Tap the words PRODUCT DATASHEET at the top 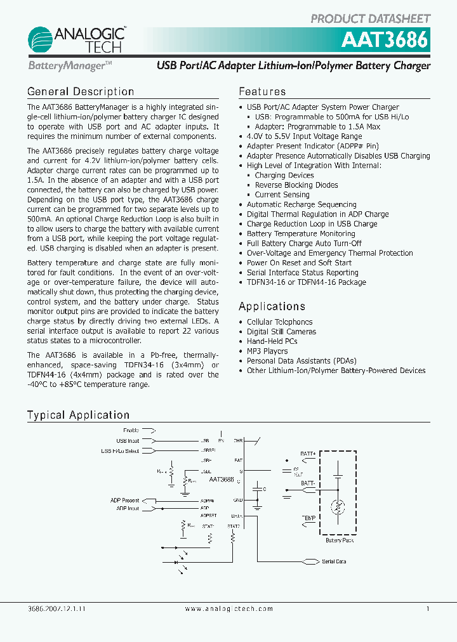click(x=370, y=18)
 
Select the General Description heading click(x=81, y=92)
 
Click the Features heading click(x=262, y=92)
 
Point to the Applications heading click(x=272, y=306)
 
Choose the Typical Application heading click(x=78, y=416)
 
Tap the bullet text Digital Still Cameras click(x=281, y=332)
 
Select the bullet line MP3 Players click(x=267, y=351)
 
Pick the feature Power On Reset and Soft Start click(x=299, y=263)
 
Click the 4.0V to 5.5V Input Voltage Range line click(x=304, y=136)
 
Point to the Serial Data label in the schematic click(x=334, y=561)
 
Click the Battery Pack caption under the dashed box click(x=340, y=540)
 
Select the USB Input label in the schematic click(x=128, y=440)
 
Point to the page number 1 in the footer click(x=428, y=608)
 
